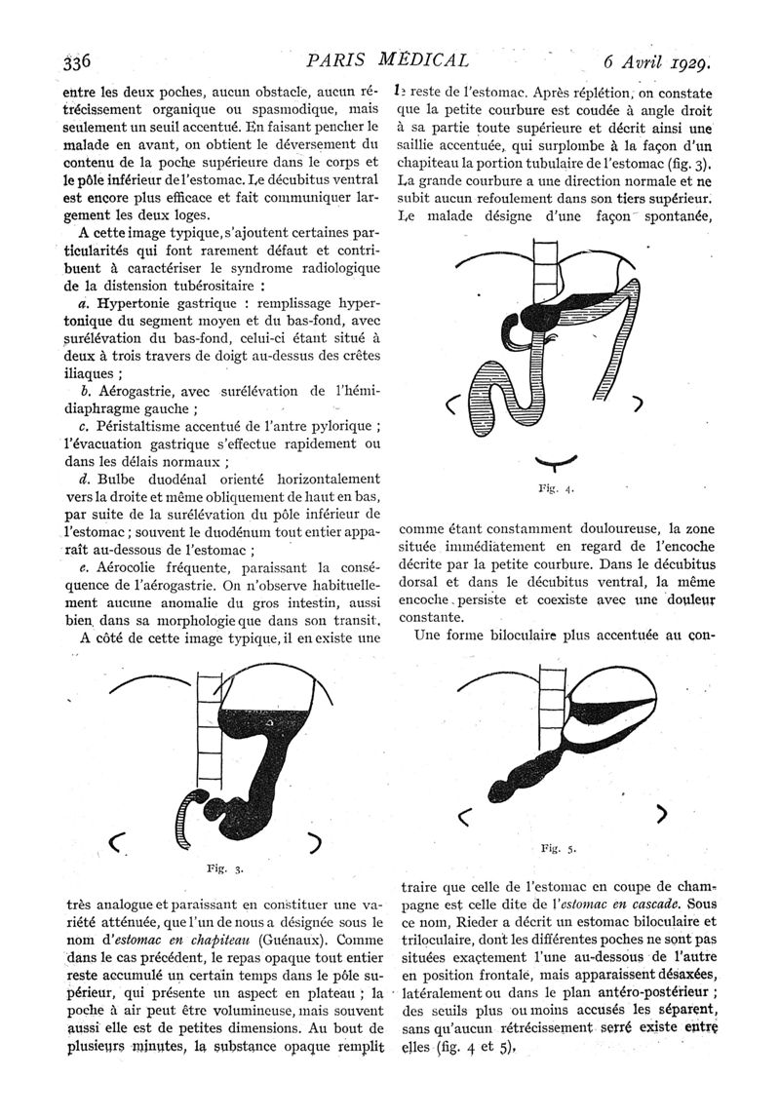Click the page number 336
[75, 61]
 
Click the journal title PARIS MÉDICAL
[388, 59]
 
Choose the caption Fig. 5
[558, 848]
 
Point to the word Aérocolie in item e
[133, 566]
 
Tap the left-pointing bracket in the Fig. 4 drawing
[451, 405]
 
